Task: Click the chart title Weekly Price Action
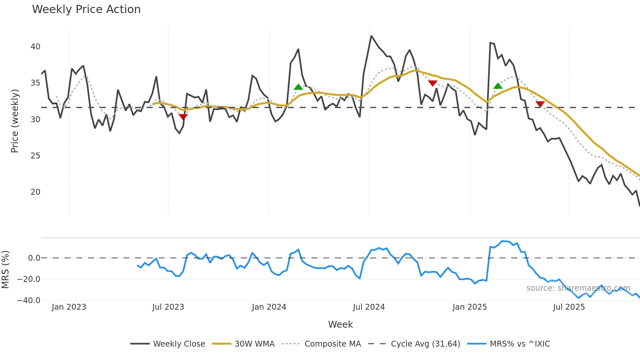pyautogui.click(x=86, y=9)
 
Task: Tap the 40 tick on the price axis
pyautogui.click(x=35, y=47)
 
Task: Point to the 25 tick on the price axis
pyautogui.click(x=35, y=156)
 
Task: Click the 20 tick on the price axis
pyautogui.click(x=35, y=192)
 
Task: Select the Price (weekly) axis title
pyautogui.click(x=15, y=121)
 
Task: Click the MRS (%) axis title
pyautogui.click(x=5, y=270)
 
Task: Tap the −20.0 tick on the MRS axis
pyautogui.click(x=29, y=279)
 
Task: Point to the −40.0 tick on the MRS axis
pyautogui.click(x=29, y=301)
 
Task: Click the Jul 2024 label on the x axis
pyautogui.click(x=369, y=307)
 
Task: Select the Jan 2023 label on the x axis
pyautogui.click(x=69, y=307)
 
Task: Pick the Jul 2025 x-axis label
pyautogui.click(x=569, y=307)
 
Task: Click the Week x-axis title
pyautogui.click(x=340, y=324)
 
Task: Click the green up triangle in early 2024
pyautogui.click(x=298, y=87)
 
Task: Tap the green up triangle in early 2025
pyautogui.click(x=498, y=86)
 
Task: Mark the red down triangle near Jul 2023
pyautogui.click(x=183, y=117)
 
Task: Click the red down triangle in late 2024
pyautogui.click(x=433, y=83)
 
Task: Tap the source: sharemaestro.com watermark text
pyautogui.click(x=578, y=288)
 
